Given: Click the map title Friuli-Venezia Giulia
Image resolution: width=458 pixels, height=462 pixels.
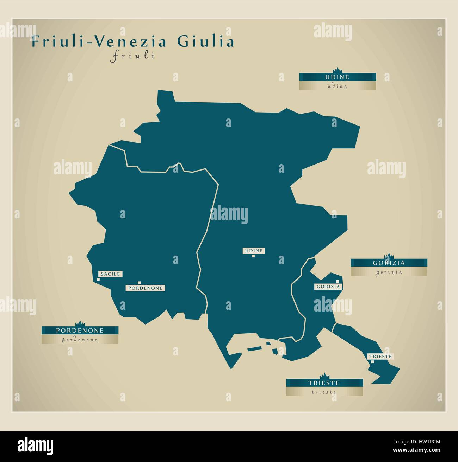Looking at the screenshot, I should (x=132, y=42).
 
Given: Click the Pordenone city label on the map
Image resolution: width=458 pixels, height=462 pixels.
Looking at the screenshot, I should (x=146, y=288).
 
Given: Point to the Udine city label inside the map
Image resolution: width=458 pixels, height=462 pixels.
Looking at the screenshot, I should (x=253, y=251).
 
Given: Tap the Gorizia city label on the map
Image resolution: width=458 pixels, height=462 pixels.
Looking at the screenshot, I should (x=328, y=287).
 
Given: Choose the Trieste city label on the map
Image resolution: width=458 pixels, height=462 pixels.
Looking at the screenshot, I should (x=379, y=356).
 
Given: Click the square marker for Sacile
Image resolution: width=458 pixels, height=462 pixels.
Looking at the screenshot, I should (x=98, y=279).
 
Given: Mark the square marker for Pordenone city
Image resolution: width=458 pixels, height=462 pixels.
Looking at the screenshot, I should (x=140, y=283).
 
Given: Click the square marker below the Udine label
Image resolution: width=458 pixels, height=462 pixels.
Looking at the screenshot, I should (x=253, y=256).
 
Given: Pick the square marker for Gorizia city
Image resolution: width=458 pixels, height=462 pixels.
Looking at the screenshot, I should (x=338, y=281).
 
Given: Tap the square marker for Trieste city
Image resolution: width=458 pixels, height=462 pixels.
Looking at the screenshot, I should (x=372, y=361).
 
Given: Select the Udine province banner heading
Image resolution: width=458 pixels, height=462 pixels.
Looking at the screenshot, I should (x=337, y=77).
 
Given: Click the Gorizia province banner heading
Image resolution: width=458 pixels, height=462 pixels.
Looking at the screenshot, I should (x=389, y=263).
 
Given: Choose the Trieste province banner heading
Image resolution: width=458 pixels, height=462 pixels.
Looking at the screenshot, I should (x=324, y=383).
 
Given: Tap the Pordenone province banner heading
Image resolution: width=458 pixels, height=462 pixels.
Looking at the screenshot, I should (x=80, y=331).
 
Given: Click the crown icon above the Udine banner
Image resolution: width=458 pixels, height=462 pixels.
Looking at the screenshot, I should (x=338, y=70).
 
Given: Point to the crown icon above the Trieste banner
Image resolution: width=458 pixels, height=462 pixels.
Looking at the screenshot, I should (x=324, y=376).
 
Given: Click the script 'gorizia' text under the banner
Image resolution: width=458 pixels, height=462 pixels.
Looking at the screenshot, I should (x=389, y=272).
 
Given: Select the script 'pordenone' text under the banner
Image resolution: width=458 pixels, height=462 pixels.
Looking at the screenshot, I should (x=80, y=340).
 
